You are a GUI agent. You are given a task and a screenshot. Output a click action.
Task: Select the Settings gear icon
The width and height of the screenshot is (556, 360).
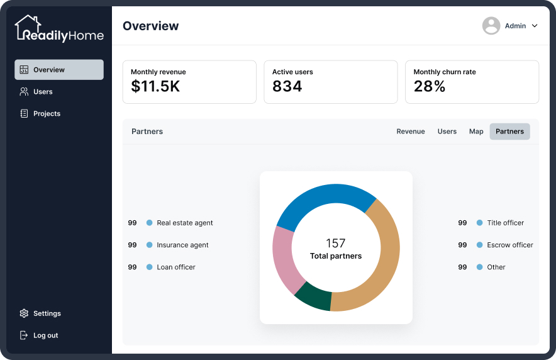pyautogui.click(x=24, y=313)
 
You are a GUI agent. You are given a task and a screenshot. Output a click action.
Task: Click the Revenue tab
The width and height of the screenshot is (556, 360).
pyautogui.click(x=411, y=132)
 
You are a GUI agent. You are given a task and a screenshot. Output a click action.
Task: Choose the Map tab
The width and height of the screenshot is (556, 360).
pyautogui.click(x=476, y=132)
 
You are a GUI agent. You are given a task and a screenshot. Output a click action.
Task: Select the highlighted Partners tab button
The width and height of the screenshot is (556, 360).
pyautogui.click(x=509, y=132)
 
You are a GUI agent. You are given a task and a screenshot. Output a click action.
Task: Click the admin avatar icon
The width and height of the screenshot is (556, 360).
pyautogui.click(x=491, y=26)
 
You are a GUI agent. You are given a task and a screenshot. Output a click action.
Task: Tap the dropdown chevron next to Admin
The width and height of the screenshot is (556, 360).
pyautogui.click(x=535, y=26)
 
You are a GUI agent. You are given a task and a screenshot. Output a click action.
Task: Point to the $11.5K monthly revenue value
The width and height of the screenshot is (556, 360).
pyautogui.click(x=155, y=86)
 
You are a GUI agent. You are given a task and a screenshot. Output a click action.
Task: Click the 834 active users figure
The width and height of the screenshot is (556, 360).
pyautogui.click(x=287, y=86)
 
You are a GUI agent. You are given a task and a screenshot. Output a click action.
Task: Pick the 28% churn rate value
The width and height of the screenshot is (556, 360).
pyautogui.click(x=430, y=86)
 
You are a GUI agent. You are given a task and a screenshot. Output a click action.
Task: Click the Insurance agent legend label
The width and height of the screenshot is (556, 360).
pyautogui.click(x=182, y=245)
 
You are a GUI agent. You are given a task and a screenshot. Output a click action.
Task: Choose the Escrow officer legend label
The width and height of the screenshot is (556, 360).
pyautogui.click(x=510, y=245)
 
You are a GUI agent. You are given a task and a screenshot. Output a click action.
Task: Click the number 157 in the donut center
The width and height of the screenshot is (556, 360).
pyautogui.click(x=335, y=244)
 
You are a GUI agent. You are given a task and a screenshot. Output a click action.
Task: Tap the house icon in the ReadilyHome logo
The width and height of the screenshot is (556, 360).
pyautogui.click(x=28, y=27)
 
